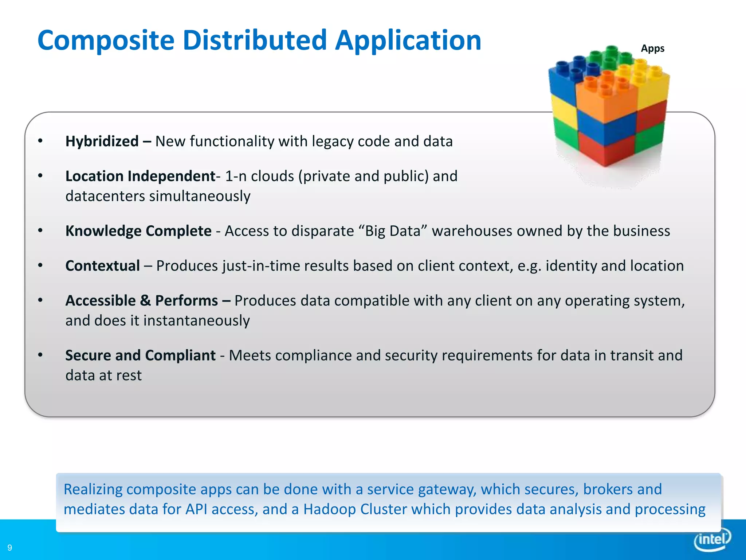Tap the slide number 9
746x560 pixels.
(x=10, y=548)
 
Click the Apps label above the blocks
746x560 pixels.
(x=652, y=48)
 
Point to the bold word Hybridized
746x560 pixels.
(x=102, y=141)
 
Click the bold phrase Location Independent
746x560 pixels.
(x=140, y=176)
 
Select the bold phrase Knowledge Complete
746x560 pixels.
(x=138, y=231)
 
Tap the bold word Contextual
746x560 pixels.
(x=102, y=266)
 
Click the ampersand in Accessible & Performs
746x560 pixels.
(x=145, y=301)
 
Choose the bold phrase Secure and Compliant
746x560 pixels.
(x=140, y=355)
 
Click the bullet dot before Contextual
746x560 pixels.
(x=40, y=265)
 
